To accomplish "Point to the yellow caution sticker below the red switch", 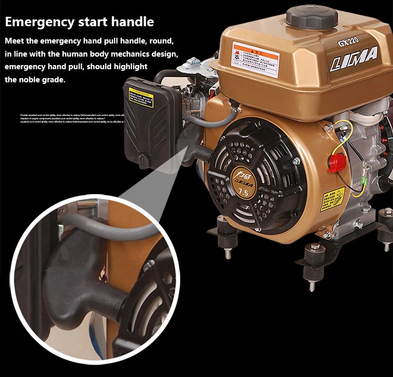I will [333, 199].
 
